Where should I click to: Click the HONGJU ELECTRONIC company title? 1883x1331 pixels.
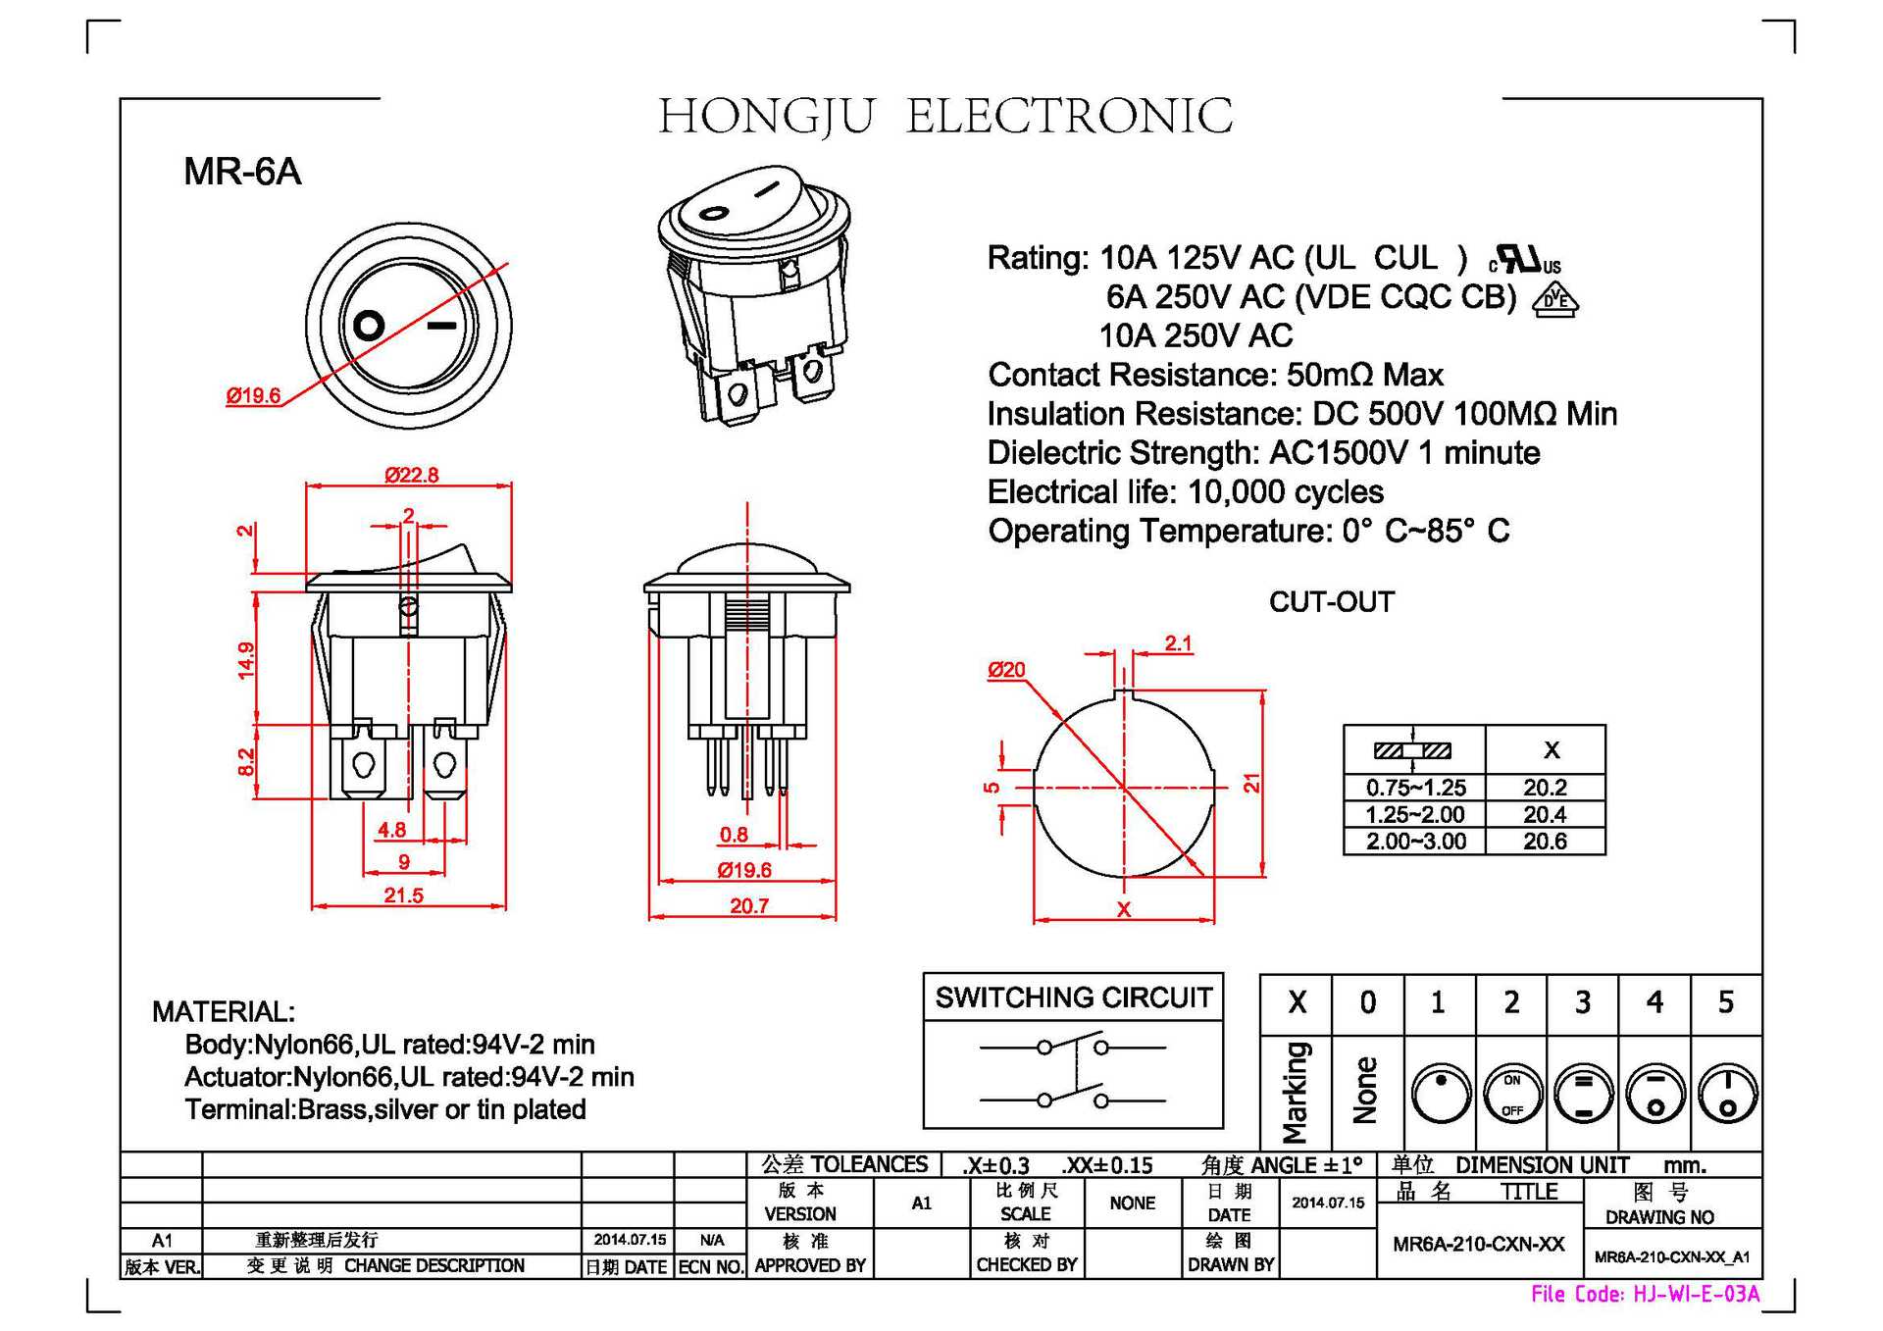coord(945,117)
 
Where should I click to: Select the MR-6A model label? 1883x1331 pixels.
coord(241,172)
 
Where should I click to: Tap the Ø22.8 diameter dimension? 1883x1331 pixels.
coord(411,476)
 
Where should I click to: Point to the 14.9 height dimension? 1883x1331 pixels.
coord(246,660)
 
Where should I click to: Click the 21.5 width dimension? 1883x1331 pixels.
coord(403,896)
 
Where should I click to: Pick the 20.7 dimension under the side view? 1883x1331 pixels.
coord(749,906)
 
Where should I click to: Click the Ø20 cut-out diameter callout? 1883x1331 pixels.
coord(1006,670)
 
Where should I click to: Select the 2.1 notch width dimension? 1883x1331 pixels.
coord(1178,643)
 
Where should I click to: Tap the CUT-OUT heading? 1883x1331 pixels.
coord(1331,602)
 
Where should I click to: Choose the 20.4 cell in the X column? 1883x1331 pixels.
coord(1545,814)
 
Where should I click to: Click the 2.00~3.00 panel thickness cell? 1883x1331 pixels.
coord(1415,842)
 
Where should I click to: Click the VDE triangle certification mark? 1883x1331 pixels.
coord(1555,299)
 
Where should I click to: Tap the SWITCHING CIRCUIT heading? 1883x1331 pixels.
coord(1073,998)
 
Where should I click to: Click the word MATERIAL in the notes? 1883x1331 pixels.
coord(223,1011)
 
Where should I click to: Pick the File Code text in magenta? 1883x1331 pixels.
coord(1645,1295)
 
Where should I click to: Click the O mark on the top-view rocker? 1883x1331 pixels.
coord(369,325)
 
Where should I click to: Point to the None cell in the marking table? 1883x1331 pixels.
coord(1366,1091)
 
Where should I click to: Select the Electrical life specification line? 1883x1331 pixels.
coord(1185,492)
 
